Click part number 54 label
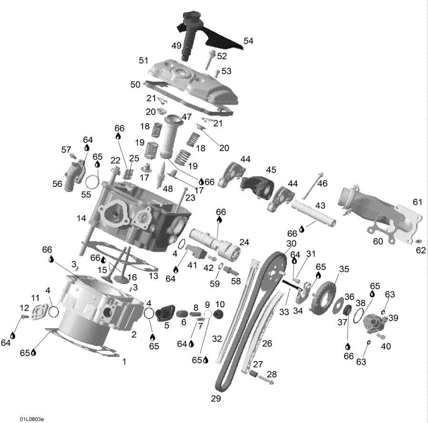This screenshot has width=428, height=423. (x=248, y=41)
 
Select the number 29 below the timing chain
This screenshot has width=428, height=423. (x=216, y=398)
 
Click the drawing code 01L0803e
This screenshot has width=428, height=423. (x=32, y=419)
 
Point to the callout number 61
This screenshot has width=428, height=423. (x=418, y=202)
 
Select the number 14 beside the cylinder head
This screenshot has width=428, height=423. (x=81, y=218)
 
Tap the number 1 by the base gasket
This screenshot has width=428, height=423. (x=124, y=361)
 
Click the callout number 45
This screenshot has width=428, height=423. (x=271, y=170)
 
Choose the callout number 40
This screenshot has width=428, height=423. (x=386, y=346)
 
